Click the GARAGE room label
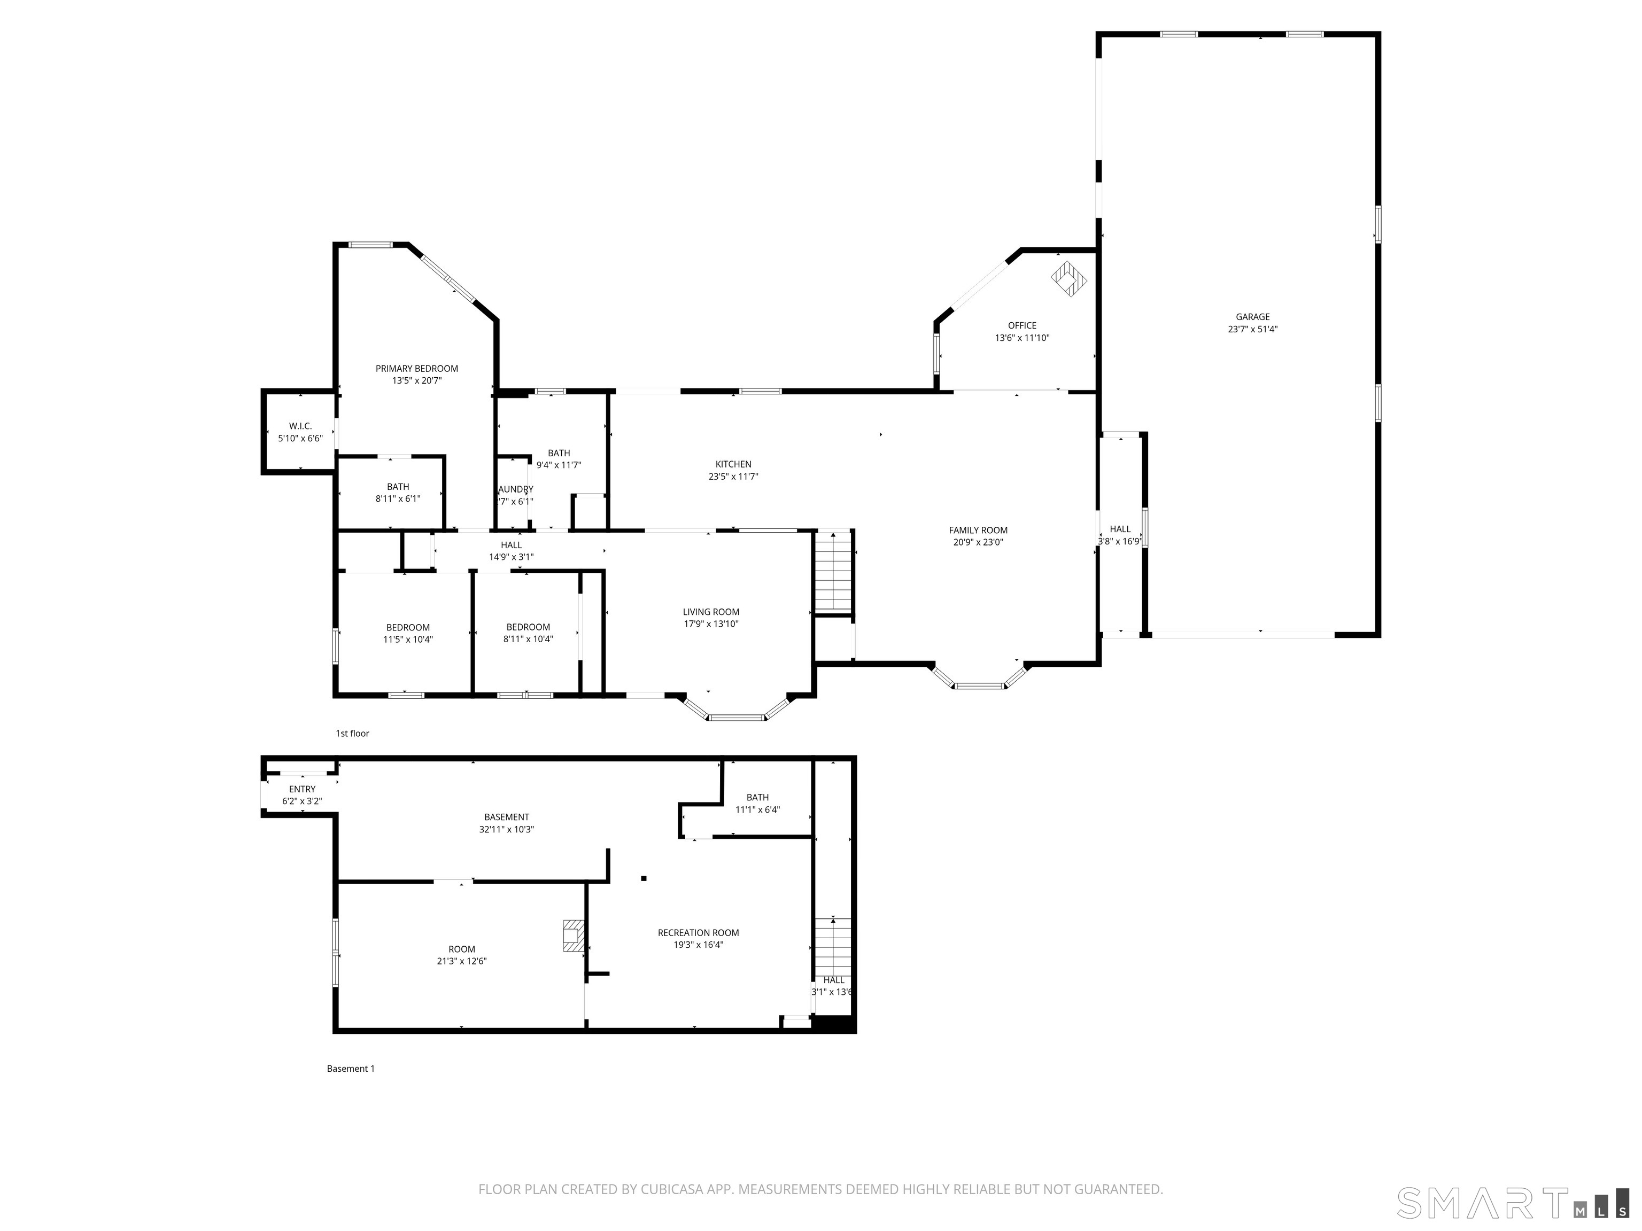click(1252, 317)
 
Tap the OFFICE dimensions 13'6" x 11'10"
click(1021, 338)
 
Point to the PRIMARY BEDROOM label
click(416, 369)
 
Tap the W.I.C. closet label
click(300, 426)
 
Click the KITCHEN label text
click(733, 464)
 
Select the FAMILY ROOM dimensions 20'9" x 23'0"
click(978, 542)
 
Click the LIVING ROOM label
click(710, 612)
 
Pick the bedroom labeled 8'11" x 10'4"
click(528, 633)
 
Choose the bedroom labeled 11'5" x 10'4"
click(407, 633)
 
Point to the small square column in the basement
click(644, 878)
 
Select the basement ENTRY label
click(302, 790)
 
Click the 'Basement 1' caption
click(351, 1069)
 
